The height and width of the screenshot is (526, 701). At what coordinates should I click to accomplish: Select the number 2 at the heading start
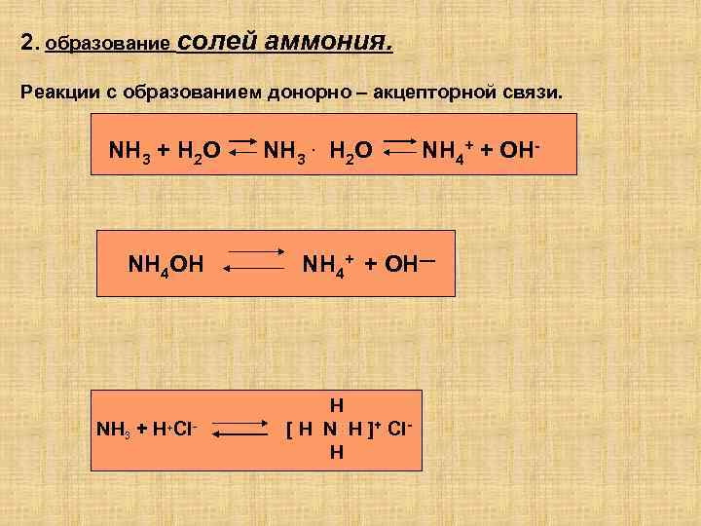(26, 44)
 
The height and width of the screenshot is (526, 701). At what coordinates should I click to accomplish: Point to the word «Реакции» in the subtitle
(55, 92)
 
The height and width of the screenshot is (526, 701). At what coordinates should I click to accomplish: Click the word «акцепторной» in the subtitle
(421, 92)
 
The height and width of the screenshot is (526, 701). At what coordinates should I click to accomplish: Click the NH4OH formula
(166, 263)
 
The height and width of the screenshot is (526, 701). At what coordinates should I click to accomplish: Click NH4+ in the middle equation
(327, 262)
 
